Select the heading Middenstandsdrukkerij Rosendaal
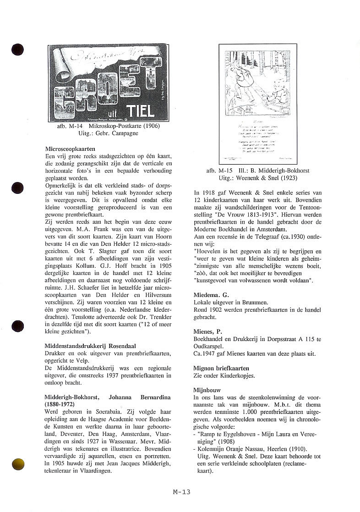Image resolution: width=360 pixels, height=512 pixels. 90,345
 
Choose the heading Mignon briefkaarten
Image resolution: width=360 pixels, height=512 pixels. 221,368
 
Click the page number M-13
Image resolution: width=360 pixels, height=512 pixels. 181,492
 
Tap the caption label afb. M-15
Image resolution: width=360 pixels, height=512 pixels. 218,171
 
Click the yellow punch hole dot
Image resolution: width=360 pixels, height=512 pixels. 18,464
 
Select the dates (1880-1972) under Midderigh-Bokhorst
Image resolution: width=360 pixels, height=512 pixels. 60,404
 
